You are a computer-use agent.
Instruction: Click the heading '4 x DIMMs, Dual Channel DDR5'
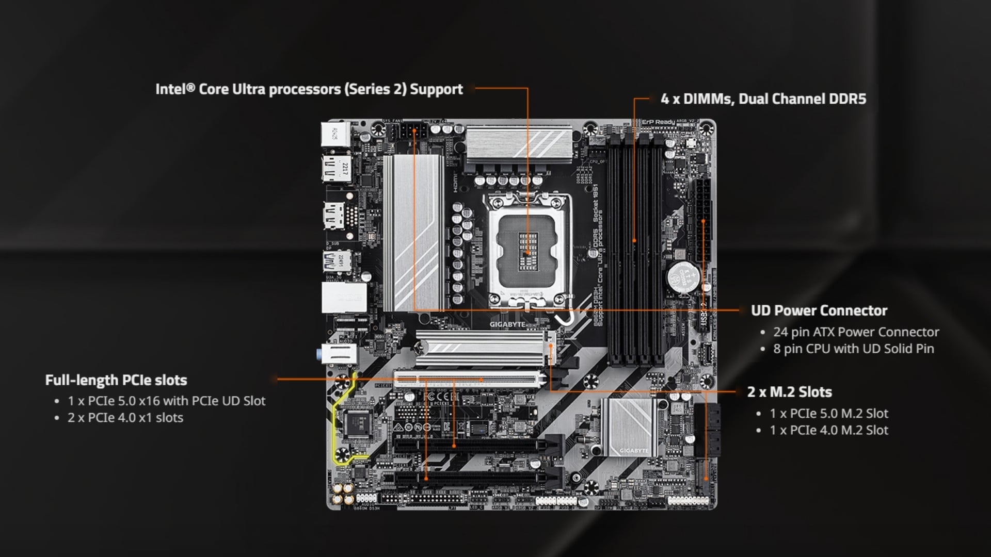tap(763, 99)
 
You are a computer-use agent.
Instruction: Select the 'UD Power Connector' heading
tap(819, 310)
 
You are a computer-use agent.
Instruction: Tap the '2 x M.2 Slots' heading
tap(789, 392)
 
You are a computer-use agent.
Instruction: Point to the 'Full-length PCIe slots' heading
tap(116, 380)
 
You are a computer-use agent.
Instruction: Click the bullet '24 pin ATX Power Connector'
tap(856, 332)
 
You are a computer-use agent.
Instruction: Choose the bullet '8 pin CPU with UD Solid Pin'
tap(853, 349)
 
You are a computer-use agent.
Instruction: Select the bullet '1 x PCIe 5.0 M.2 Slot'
tap(829, 414)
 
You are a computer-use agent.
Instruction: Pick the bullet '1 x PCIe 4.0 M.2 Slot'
tap(829, 431)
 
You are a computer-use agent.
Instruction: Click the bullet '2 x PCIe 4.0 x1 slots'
tap(125, 418)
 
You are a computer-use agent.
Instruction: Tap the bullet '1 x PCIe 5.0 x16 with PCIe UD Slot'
tap(166, 401)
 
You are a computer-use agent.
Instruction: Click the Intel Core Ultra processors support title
tap(309, 89)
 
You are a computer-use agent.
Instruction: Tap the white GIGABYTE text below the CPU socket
tap(507, 324)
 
